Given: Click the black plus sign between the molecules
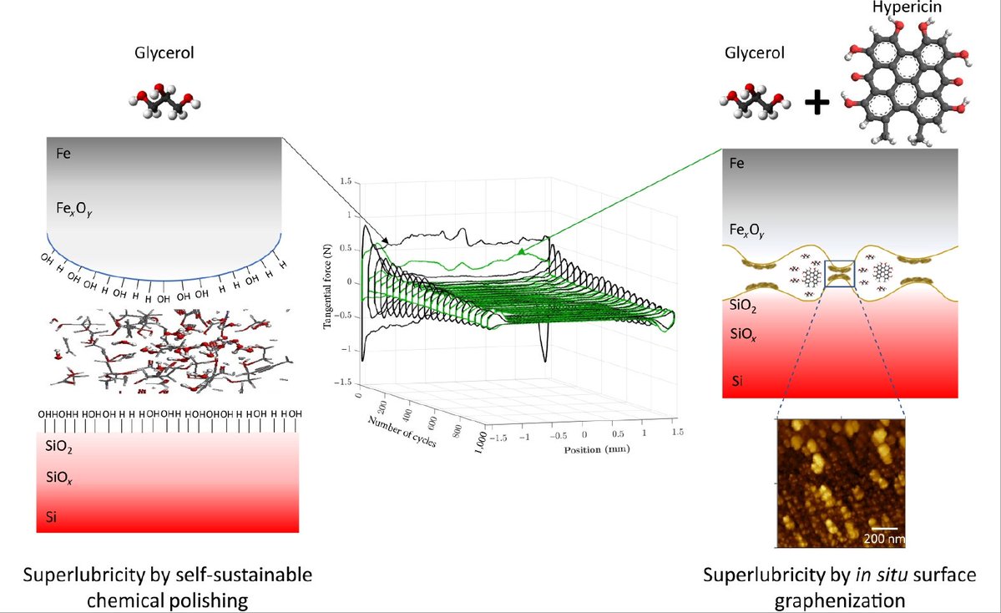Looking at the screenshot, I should click(817, 102).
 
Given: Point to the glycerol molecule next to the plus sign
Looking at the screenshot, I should click(751, 100).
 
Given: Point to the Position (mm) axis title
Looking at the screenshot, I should click(585, 448).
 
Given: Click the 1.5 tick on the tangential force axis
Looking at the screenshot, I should click(345, 180).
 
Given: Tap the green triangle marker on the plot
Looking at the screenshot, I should click(521, 251).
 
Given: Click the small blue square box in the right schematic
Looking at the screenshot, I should click(839, 273).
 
